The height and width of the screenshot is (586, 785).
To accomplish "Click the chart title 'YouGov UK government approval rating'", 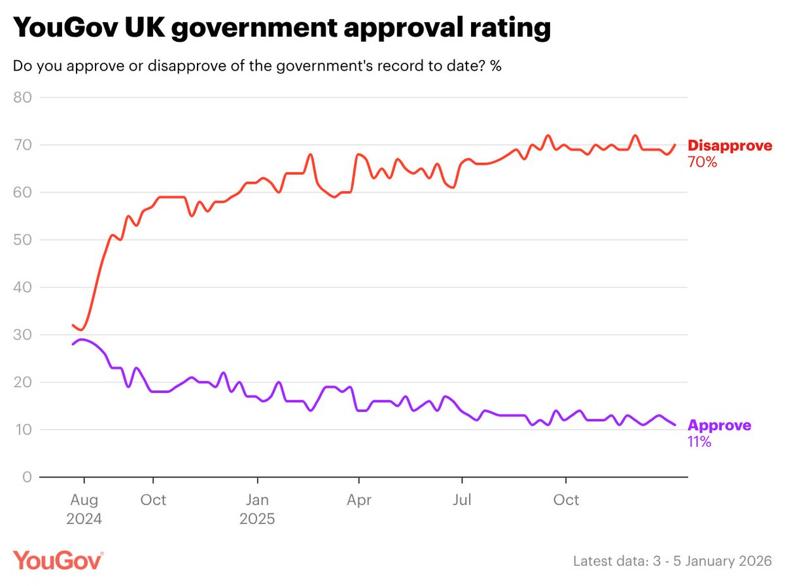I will tap(281, 28).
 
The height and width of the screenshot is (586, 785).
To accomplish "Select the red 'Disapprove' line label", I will tap(729, 146).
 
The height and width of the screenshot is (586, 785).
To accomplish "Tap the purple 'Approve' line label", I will tap(719, 426).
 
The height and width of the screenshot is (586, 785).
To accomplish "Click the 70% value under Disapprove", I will tap(703, 162).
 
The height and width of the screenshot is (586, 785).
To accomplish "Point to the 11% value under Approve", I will tap(699, 442).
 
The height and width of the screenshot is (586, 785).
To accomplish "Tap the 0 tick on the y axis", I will tap(27, 477).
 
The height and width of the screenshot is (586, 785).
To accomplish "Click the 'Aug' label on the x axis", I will tap(84, 500).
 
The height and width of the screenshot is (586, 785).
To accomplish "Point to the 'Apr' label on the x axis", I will tap(359, 500).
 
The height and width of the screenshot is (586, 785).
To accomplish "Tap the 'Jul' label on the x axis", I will tap(462, 500).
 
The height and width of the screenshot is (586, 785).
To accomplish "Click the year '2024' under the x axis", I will tap(84, 520).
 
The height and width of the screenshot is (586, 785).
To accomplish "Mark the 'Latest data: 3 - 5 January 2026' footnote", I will tap(672, 561).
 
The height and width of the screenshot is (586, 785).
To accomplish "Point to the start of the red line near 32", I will tap(73, 325).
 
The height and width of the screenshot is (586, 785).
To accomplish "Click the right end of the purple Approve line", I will tap(674, 425).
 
